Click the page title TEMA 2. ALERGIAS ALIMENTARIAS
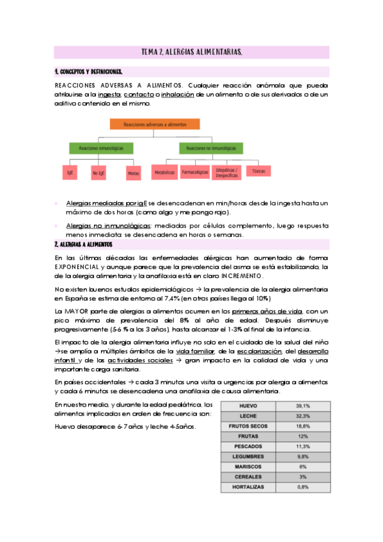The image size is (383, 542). (x=191, y=52)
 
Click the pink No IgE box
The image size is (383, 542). (x=98, y=172)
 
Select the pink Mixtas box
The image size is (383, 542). (x=132, y=172)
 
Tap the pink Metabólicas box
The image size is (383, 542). (x=164, y=172)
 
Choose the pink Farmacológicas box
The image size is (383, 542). (x=195, y=172)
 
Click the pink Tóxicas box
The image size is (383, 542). (x=258, y=171)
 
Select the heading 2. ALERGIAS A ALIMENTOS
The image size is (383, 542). (x=84, y=245)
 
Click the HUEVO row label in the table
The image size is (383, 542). (x=248, y=406)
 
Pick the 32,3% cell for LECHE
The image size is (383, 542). (x=302, y=416)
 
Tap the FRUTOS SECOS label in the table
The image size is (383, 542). (x=248, y=426)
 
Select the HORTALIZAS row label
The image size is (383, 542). (x=248, y=487)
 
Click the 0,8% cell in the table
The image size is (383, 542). (x=302, y=487)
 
